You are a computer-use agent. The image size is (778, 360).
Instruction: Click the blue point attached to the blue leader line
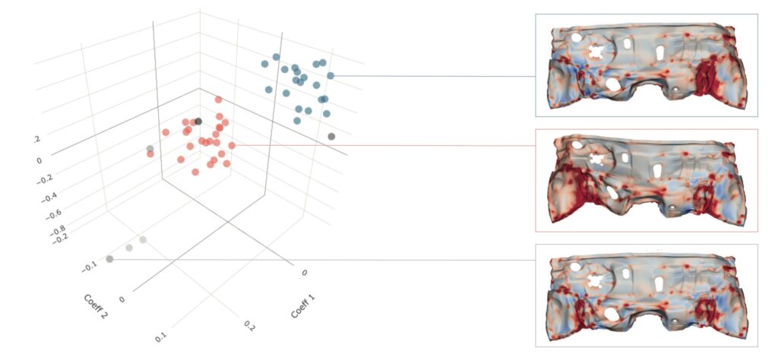[330, 75]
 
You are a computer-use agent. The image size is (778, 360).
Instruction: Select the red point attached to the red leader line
[232, 144]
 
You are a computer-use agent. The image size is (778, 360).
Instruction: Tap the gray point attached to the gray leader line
[110, 260]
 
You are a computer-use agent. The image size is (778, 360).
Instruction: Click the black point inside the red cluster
[198, 121]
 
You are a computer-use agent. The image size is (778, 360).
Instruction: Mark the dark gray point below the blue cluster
[331, 136]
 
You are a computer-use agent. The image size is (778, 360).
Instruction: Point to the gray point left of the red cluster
[150, 148]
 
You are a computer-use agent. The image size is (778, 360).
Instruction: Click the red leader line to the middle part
[380, 144]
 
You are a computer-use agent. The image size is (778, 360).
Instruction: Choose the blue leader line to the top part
[433, 76]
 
